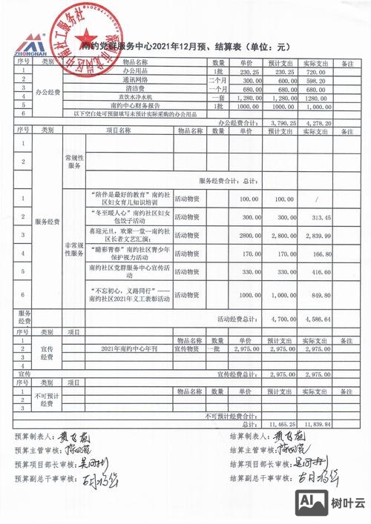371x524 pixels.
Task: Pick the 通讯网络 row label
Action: click(135, 79)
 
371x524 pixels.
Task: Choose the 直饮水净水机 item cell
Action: click(135, 96)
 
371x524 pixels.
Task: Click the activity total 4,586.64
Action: click(317, 319)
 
